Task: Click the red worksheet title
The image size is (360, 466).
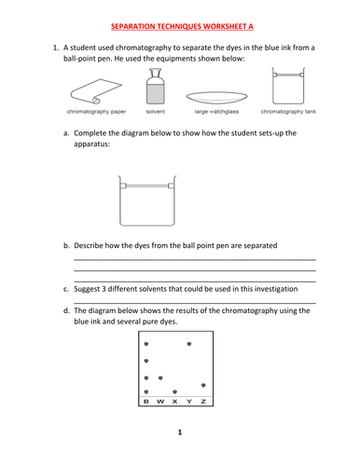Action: pyautogui.click(x=182, y=26)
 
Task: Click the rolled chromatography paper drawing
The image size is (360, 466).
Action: pyautogui.click(x=96, y=91)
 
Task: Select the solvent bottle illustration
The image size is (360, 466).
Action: pyautogui.click(x=156, y=87)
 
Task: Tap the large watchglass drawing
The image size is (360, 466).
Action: pyautogui.click(x=216, y=97)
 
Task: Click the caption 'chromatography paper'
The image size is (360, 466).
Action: pyautogui.click(x=96, y=112)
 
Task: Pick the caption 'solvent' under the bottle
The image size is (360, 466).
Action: pyautogui.click(x=156, y=112)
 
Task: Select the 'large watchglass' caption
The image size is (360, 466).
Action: pyautogui.click(x=216, y=112)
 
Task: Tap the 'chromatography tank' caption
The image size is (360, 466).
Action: pyautogui.click(x=288, y=112)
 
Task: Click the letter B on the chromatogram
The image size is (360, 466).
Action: pyautogui.click(x=146, y=402)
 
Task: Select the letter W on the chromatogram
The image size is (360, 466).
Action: pyautogui.click(x=160, y=402)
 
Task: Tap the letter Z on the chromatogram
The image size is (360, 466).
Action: pyautogui.click(x=203, y=402)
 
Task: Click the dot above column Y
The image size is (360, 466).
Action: pyautogui.click(x=189, y=344)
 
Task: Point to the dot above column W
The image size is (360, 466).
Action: pyautogui.click(x=160, y=378)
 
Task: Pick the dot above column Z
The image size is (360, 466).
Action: pyautogui.click(x=203, y=385)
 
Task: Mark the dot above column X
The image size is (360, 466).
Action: pyautogui.click(x=174, y=392)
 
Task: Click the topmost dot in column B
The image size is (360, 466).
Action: pyautogui.click(x=146, y=344)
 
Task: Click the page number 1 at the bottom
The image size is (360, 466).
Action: pyautogui.click(x=180, y=432)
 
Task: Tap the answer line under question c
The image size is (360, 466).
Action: pyautogui.click(x=195, y=303)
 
